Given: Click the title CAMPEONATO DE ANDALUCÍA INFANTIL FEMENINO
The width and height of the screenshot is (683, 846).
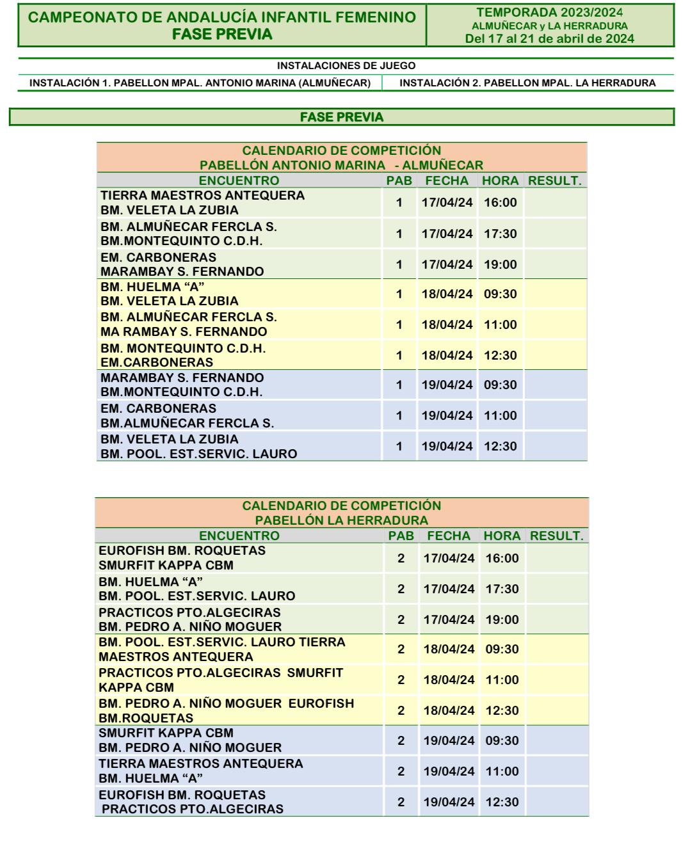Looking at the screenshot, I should point(223,18).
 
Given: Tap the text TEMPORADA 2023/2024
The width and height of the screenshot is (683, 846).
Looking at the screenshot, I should point(550,12).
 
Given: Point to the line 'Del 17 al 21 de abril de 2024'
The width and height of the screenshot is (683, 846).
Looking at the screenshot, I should point(550,39).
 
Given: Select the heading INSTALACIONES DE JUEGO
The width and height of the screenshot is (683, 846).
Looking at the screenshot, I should point(346,66).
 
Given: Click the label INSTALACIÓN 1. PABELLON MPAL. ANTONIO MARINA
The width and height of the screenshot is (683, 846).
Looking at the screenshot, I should point(200,83).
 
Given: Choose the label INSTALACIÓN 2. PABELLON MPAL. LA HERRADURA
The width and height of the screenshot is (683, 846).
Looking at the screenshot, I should point(527,83).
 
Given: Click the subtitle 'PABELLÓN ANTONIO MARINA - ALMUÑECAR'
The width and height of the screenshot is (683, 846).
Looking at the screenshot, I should point(341,166).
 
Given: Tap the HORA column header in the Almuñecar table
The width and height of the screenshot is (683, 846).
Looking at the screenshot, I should point(500,180).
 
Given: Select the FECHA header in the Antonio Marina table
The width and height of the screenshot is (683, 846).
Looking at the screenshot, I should point(447,180).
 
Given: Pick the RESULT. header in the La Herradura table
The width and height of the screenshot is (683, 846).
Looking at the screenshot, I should point(556,536).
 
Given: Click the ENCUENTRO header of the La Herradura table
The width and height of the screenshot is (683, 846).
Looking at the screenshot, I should point(239,536).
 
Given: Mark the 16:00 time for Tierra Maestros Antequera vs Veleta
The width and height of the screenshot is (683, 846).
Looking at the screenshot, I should point(500,203).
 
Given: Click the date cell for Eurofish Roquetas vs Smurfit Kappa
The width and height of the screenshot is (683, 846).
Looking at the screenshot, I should point(449,558).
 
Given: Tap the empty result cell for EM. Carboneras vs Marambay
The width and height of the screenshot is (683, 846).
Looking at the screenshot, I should point(554,264).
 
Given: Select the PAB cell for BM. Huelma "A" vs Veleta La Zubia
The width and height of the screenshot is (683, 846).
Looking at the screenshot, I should point(399,294).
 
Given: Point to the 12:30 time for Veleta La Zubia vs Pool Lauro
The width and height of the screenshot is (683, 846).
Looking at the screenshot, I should point(500,447).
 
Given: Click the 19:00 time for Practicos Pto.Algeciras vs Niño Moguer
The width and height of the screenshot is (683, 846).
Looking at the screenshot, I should point(502,619).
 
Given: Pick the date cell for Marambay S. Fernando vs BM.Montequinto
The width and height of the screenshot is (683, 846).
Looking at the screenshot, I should point(447,385).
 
